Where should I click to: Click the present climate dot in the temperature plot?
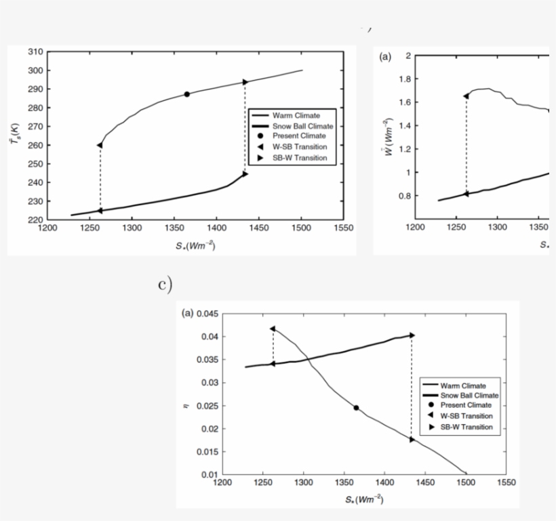coord(187,94)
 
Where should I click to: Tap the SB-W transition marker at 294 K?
coord(245,82)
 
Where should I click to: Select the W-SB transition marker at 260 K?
coord(100,145)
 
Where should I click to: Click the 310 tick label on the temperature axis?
coord(36,51)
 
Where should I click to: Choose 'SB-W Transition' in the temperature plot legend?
coord(299,158)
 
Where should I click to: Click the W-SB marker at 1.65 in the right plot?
coord(466,96)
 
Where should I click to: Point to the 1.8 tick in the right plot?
coord(403,79)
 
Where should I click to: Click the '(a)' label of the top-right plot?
coord(385,57)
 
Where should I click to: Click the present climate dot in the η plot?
coord(356,408)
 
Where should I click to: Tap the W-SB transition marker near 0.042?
coord(273,329)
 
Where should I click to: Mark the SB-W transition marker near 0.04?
coord(412,335)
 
